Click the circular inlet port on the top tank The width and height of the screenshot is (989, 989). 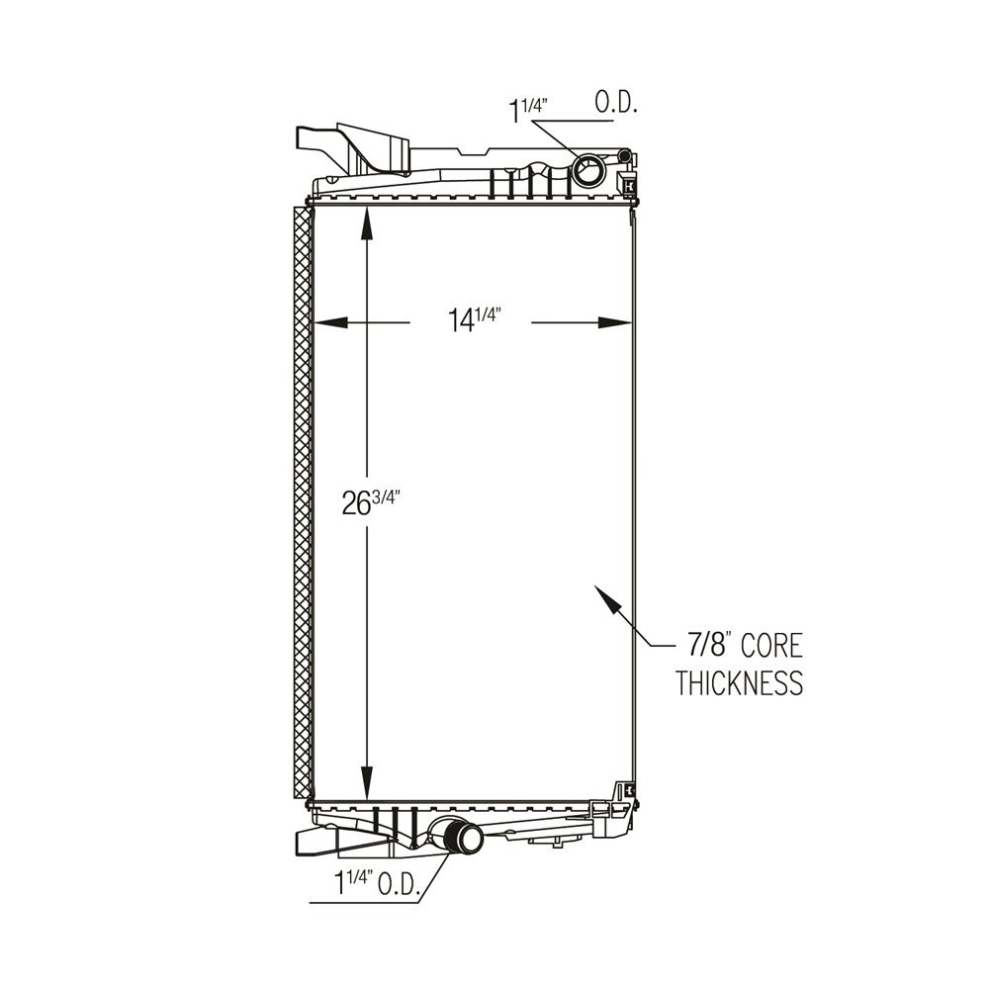(x=589, y=171)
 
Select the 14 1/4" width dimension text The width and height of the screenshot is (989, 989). (x=472, y=320)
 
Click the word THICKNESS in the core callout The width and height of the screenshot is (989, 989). (x=739, y=683)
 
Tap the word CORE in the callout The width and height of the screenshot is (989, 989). (x=771, y=647)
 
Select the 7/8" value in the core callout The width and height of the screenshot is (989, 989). (x=708, y=647)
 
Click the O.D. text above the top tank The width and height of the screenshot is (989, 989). (x=615, y=103)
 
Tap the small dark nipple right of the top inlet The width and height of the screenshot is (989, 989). (x=623, y=154)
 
